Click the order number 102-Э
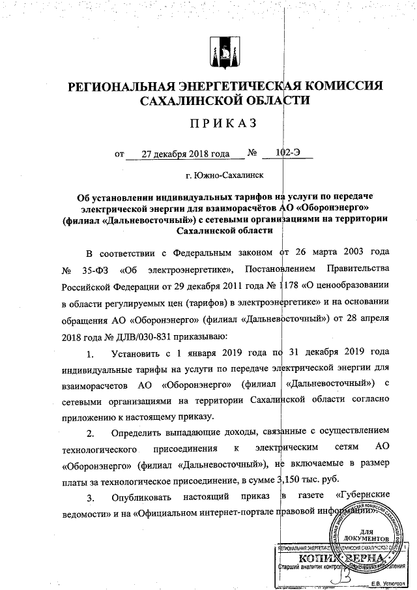(x=287, y=155)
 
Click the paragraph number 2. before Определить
(x=91, y=431)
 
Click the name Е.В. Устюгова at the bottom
(x=389, y=583)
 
